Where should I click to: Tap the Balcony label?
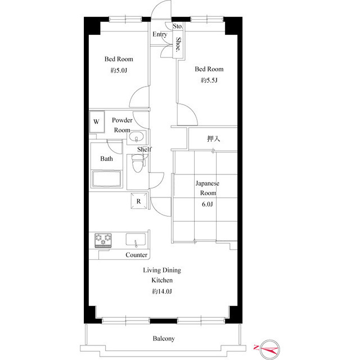[163, 339]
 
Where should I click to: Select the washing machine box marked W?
[96, 121]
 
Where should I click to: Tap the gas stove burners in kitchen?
[103, 240]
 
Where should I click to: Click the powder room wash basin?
[137, 138]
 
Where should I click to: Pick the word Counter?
[136, 255]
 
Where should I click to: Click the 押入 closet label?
[213, 138]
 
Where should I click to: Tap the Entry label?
[160, 34]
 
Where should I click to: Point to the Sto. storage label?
[178, 26]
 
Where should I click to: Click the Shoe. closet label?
[178, 44]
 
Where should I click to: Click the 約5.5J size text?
[209, 80]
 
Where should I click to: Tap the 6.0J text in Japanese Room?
[208, 204]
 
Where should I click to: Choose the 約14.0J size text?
[161, 291]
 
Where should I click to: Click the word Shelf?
[145, 149]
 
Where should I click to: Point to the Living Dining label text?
[161, 270]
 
